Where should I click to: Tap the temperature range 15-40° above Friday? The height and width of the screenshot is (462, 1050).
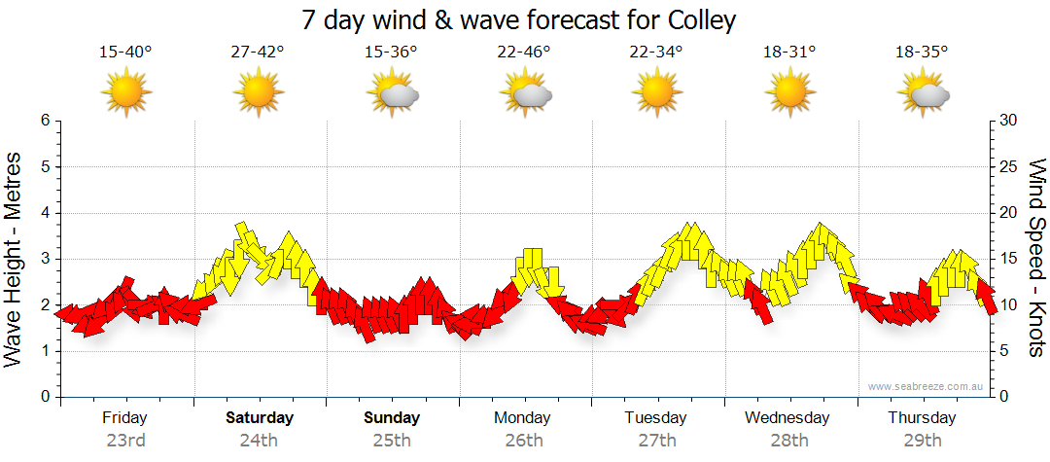125,53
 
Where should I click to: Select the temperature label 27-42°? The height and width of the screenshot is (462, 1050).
258,53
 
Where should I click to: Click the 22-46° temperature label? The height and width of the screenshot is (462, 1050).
523,53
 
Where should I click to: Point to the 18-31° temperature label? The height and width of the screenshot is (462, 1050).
788,53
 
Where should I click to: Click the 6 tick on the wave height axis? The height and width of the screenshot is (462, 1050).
44,121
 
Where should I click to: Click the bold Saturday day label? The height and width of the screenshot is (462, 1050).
260,418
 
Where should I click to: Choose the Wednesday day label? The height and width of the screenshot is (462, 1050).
787,418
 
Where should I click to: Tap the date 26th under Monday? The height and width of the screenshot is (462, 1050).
524,441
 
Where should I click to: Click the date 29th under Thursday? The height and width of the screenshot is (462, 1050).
922,441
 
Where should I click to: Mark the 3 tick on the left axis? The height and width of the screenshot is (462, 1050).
44,259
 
